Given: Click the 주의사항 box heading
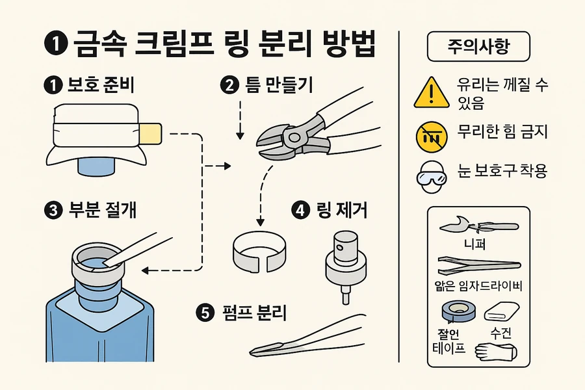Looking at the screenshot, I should point(478,47).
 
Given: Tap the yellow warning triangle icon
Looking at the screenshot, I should point(432,92).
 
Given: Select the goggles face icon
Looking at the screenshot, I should point(431,173).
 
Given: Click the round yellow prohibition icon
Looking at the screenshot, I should point(431,134).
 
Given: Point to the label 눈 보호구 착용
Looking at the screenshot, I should point(502,172).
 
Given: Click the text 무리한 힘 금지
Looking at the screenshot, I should point(502,133).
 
